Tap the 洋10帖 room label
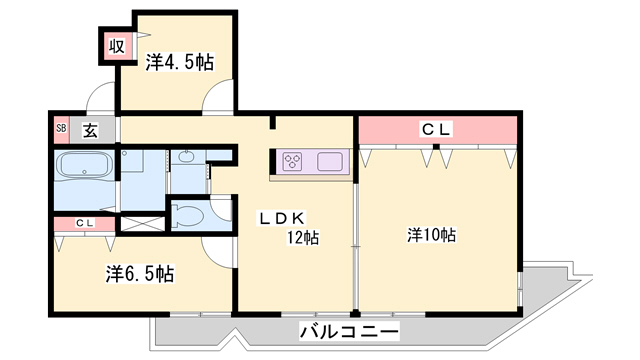[431, 236]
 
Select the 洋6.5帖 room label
[140, 273]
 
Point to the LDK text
[283, 217]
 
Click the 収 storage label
[116, 44]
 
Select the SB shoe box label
[60, 128]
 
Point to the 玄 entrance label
[89, 128]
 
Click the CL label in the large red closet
[436, 128]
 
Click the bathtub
[84, 165]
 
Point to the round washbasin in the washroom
[187, 159]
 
